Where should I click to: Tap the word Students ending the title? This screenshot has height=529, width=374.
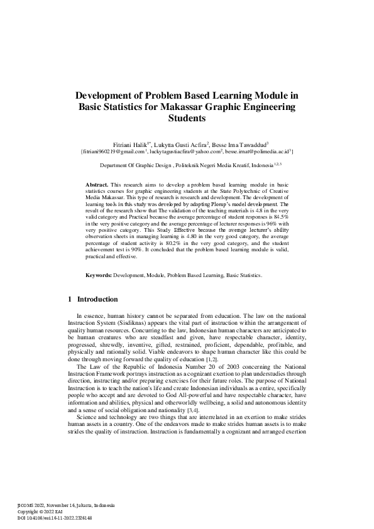(x=187, y=117)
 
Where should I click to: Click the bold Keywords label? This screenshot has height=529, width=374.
(x=99, y=293)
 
